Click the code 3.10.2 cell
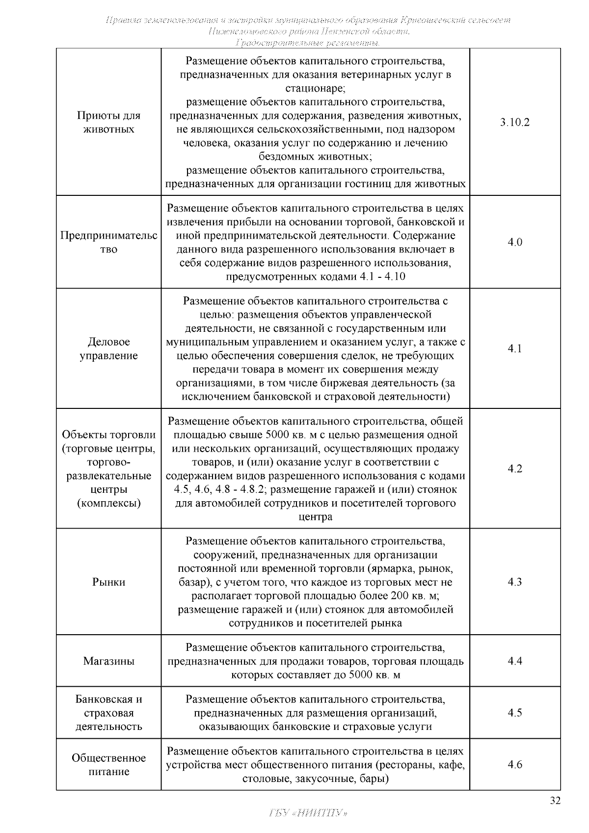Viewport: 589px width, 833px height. coord(514,122)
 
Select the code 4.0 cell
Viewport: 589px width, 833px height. coord(514,242)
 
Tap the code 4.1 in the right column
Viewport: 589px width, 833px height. coord(514,349)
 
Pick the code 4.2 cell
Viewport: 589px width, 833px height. coord(514,468)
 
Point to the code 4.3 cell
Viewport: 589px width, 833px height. coord(514,582)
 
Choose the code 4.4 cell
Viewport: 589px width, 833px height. coord(514,661)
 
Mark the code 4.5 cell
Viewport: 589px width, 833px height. coord(514,712)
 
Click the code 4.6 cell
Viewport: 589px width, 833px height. coord(514,764)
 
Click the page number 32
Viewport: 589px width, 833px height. coord(555,801)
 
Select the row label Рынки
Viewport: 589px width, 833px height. coord(108,582)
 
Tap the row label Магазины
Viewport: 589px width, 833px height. coord(108,661)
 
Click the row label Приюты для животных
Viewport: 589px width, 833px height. coord(108,122)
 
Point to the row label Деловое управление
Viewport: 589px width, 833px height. coord(108,349)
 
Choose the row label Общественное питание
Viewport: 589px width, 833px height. coord(108,764)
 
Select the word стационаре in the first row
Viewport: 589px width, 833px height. coord(315,89)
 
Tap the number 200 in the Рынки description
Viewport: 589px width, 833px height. coord(401,596)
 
